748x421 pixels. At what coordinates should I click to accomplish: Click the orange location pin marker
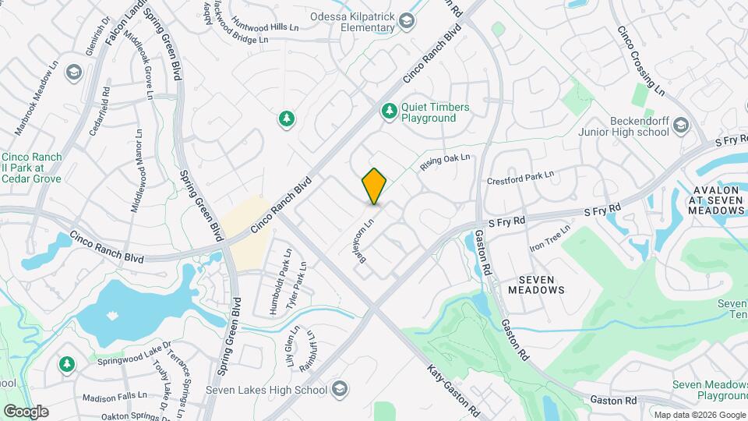tap(375, 186)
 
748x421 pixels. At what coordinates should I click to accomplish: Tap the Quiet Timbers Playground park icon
tap(388, 112)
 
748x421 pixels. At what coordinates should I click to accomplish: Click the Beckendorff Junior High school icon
tap(680, 125)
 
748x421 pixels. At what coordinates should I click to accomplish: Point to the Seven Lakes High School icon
tap(339, 388)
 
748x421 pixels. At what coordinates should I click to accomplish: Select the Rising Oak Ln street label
tap(446, 163)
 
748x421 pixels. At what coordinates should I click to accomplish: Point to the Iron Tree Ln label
tap(550, 236)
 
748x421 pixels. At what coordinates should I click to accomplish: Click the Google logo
tap(26, 411)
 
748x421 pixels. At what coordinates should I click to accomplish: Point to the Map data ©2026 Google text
tap(699, 415)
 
